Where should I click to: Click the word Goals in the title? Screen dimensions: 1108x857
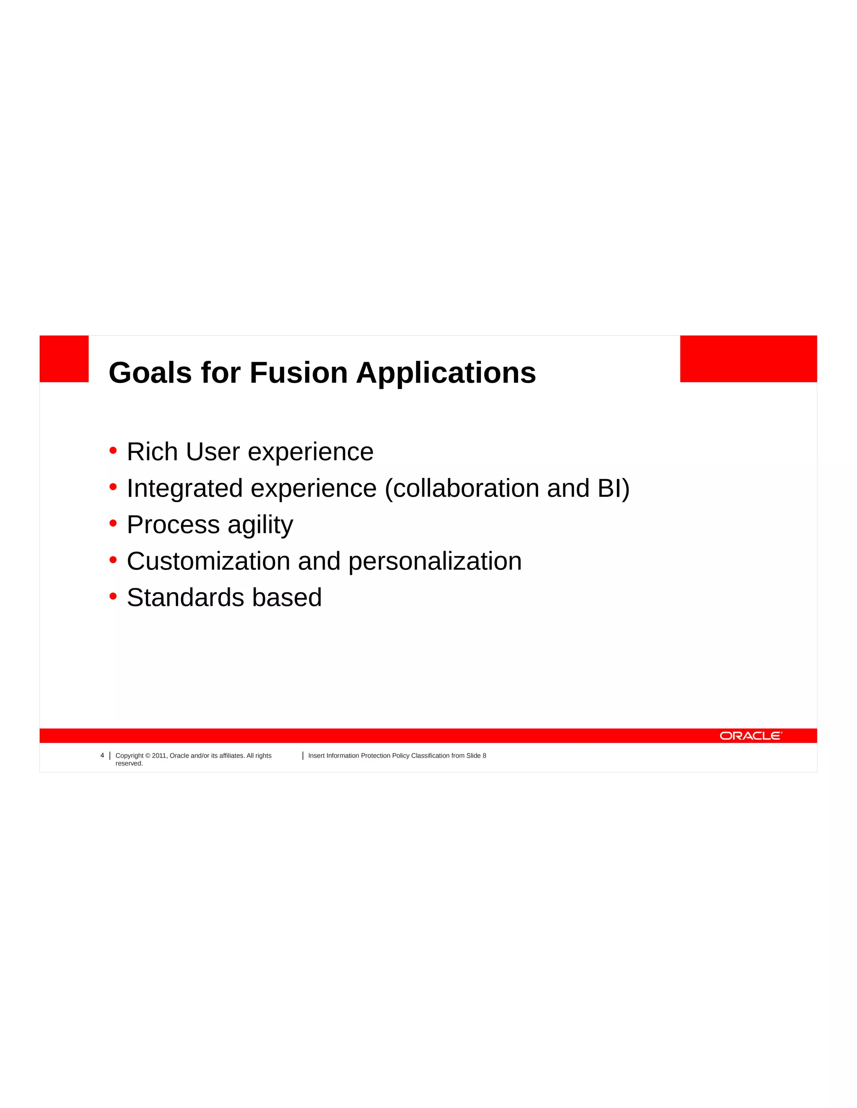pyautogui.click(x=150, y=373)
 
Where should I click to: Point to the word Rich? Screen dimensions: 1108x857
pyautogui.click(x=152, y=452)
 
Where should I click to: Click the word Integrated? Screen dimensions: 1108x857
pyautogui.click(x=185, y=488)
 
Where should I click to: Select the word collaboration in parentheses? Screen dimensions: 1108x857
pyautogui.click(x=466, y=488)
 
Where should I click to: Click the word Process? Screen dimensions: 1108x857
pyautogui.click(x=173, y=525)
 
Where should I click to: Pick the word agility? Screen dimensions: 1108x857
pyautogui.click(x=260, y=526)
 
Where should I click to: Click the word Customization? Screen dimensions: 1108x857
pyautogui.click(x=208, y=561)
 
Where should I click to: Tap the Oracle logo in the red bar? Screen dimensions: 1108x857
pyautogui.click(x=750, y=735)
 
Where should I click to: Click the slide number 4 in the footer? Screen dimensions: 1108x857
pyautogui.click(x=102, y=756)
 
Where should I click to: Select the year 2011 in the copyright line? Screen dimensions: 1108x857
pyautogui.click(x=159, y=756)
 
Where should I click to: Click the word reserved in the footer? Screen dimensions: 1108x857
pyautogui.click(x=129, y=763)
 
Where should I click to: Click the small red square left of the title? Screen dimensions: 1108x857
pyautogui.click(x=64, y=359)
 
